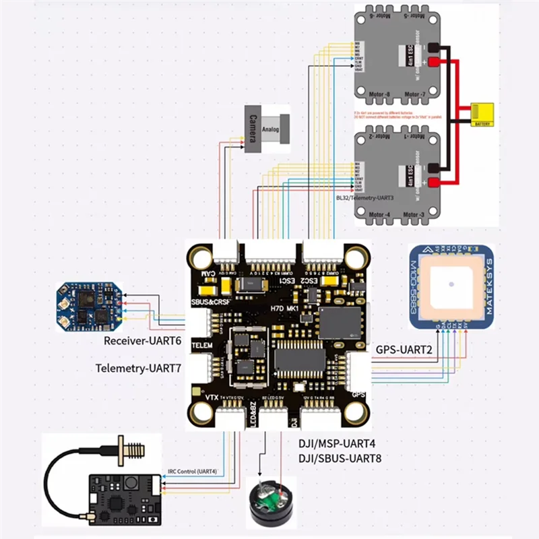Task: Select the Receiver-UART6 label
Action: click(x=143, y=341)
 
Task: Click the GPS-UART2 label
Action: click(x=403, y=350)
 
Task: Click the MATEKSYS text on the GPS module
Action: click(x=489, y=286)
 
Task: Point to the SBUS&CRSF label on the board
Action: click(x=210, y=303)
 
